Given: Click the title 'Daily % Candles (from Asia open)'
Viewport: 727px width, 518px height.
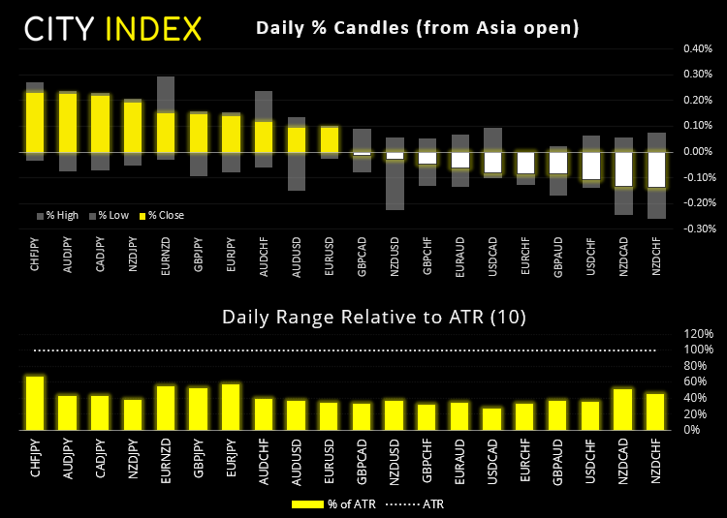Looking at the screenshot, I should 417,28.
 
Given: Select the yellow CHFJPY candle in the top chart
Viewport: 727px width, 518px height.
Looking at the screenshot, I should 35,121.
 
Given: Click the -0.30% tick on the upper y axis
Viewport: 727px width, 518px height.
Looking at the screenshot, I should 698,229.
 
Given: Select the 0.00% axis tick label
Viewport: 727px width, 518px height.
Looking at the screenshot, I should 698,152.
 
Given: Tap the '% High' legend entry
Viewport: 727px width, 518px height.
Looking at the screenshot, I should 61,215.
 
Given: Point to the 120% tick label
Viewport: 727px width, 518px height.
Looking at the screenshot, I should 700,333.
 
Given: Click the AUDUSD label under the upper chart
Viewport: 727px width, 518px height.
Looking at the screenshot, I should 297,252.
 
